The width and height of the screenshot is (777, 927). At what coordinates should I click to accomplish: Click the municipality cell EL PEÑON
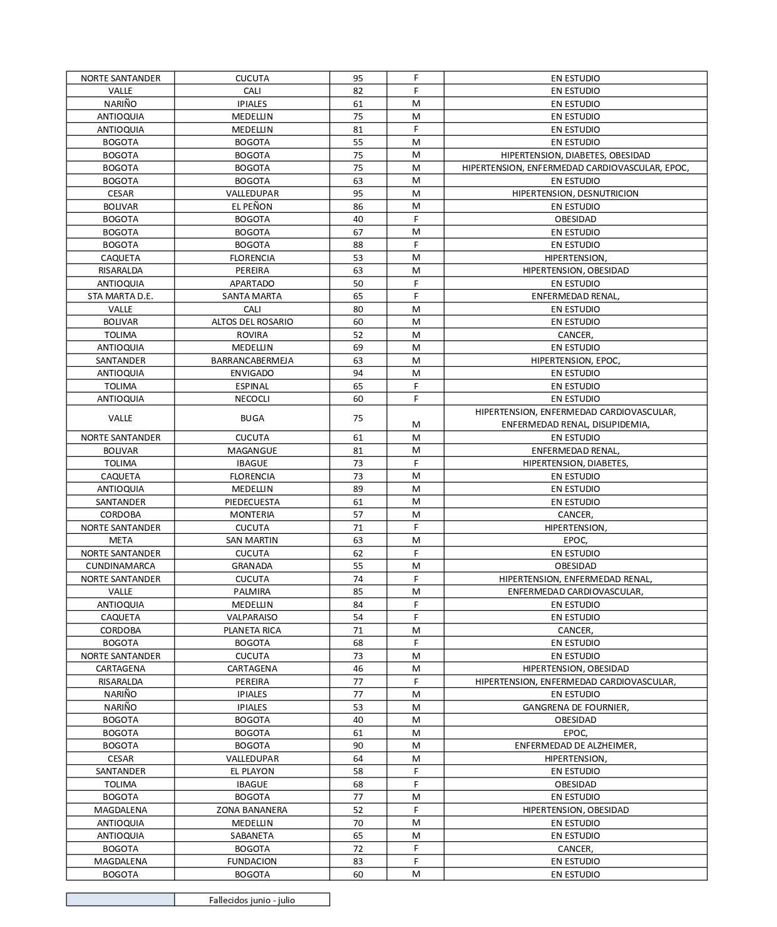point(252,207)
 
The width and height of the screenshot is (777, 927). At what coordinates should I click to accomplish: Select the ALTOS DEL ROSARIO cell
point(252,322)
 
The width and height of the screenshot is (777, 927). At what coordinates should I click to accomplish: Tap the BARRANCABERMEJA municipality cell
point(252,361)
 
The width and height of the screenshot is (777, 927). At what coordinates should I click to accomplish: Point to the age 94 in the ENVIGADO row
point(358,373)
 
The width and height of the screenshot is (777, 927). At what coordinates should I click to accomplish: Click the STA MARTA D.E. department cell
point(120,296)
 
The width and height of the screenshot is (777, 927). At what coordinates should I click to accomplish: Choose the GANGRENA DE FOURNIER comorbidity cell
point(575,707)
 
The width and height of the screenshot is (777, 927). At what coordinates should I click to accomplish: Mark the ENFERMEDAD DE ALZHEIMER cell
point(575,745)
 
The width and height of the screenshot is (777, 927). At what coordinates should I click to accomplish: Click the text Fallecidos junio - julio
point(252,900)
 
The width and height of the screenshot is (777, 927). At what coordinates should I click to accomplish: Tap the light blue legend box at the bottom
point(120,899)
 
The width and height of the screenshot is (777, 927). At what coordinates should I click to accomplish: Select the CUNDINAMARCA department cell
point(120,566)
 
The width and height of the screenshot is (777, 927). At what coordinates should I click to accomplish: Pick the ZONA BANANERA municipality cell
point(252,810)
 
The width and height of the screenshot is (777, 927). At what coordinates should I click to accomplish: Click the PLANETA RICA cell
point(252,630)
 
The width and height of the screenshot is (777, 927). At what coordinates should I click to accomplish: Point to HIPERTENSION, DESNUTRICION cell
point(575,193)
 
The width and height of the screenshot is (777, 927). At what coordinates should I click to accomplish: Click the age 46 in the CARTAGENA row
point(358,668)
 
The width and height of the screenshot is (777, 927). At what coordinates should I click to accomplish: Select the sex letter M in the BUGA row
point(416,424)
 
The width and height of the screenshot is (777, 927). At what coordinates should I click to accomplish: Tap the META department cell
point(120,540)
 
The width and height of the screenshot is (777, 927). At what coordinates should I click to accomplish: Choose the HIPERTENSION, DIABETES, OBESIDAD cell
point(575,155)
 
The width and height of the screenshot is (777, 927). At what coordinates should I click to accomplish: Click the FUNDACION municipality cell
point(252,861)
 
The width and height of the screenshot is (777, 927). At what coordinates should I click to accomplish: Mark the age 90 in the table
point(358,745)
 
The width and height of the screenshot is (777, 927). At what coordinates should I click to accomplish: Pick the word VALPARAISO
point(252,617)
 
